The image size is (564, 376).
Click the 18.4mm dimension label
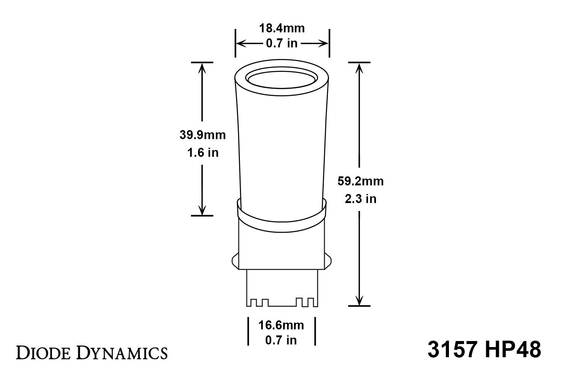click(282, 28)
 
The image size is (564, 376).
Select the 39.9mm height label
click(202, 135)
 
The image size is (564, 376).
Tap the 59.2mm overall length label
click(360, 181)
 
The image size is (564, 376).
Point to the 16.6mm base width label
click(281, 324)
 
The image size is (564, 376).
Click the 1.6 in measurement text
click(202, 153)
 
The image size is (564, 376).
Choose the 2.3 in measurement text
click(360, 199)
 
